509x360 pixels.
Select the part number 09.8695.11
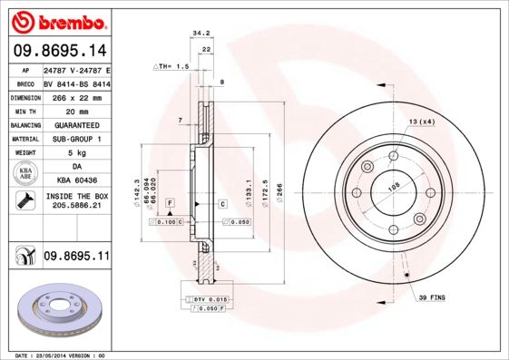[76, 257]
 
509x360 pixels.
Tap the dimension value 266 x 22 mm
[76, 96]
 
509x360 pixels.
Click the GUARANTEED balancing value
[76, 124]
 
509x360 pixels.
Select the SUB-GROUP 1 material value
[76, 139]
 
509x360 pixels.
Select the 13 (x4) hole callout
[421, 121]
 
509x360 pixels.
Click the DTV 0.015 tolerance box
[209, 298]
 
